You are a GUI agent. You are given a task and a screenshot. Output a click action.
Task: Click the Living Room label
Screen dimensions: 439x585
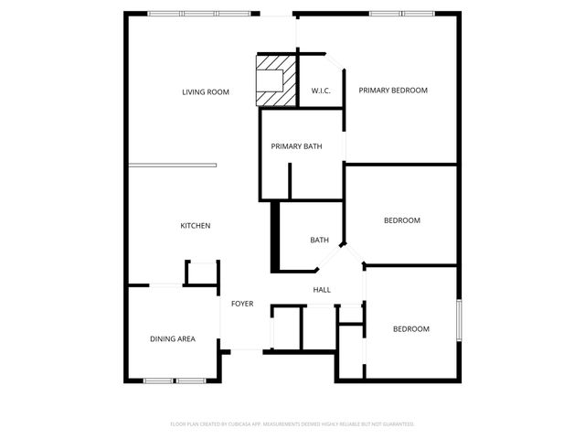pos(205,91)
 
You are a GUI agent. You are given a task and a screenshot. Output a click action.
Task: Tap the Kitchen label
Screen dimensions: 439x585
pos(196,226)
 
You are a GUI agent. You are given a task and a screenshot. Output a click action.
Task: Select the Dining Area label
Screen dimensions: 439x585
pos(173,339)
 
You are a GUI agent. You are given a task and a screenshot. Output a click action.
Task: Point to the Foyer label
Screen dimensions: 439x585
pos(241,304)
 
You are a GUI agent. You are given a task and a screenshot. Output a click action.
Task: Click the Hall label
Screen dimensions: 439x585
pos(322,290)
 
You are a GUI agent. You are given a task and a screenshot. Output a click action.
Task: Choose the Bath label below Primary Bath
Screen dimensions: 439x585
pos(319,241)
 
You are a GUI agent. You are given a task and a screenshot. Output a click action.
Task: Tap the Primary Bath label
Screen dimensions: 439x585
pos(295,146)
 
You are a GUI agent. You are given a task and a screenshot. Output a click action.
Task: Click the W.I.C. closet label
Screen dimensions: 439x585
pos(321,91)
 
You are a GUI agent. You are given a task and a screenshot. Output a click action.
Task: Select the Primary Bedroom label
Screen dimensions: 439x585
pos(393,91)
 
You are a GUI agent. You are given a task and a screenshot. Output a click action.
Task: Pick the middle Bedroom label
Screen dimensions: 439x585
pos(401,220)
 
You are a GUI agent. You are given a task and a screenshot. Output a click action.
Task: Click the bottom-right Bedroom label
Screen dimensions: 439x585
pos(410,329)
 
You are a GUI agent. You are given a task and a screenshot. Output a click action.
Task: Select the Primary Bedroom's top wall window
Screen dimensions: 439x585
pos(400,13)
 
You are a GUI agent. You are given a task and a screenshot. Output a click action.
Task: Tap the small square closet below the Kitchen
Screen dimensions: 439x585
pos(202,273)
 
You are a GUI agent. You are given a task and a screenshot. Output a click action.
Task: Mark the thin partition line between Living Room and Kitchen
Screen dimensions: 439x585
pos(172,166)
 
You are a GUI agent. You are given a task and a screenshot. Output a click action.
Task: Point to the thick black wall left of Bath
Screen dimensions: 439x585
pos(273,235)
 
